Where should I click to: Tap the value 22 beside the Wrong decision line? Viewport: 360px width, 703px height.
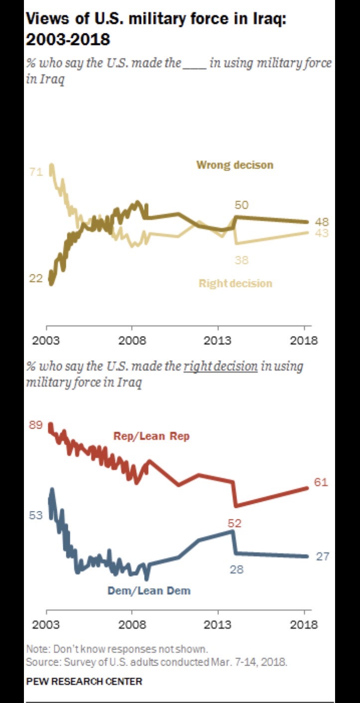(36, 278)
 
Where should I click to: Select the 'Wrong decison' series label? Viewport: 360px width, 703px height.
(234, 165)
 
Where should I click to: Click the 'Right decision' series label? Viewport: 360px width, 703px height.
(235, 283)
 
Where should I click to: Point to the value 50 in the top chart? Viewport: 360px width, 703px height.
(241, 205)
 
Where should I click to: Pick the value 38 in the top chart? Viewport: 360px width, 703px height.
(241, 260)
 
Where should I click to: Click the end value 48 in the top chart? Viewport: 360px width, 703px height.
(322, 222)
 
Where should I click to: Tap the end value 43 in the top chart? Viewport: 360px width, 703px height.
(322, 233)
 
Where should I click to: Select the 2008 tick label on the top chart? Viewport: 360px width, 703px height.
(132, 341)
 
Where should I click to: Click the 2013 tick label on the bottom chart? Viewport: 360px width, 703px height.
(218, 625)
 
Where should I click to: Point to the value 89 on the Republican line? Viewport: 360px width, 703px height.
(36, 425)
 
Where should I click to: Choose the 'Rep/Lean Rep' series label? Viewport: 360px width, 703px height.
(152, 436)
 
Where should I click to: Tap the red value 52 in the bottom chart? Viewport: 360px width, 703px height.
(234, 523)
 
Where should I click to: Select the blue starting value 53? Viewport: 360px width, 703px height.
(36, 515)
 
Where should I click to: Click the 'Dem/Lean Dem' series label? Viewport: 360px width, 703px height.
(149, 591)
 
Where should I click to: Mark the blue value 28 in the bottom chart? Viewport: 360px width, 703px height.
(236, 569)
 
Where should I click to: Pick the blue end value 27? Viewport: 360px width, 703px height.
(323, 556)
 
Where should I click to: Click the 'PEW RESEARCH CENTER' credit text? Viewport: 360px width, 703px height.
(84, 681)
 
